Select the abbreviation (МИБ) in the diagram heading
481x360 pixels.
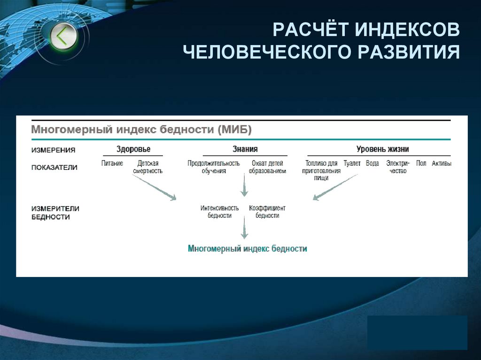pyautogui.click(x=235, y=129)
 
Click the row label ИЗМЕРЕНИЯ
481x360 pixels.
pyautogui.click(x=54, y=150)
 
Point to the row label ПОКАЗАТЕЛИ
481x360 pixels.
pyautogui.click(x=54, y=167)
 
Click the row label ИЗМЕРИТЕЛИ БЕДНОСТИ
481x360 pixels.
pyautogui.click(x=55, y=213)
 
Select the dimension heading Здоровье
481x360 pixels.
pyautogui.click(x=133, y=149)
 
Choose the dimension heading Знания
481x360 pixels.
pyautogui.click(x=245, y=149)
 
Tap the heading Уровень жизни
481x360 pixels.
pyautogui.click(x=382, y=149)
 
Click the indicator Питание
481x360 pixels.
pyautogui.click(x=112, y=164)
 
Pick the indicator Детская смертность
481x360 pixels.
pyautogui.click(x=147, y=167)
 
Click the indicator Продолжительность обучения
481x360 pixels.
pyautogui.click(x=213, y=167)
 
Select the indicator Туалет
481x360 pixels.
pyautogui.click(x=352, y=164)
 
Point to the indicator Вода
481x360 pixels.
pyautogui.click(x=372, y=164)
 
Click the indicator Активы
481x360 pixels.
pyautogui.click(x=442, y=164)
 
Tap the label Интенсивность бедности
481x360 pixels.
pyautogui.click(x=219, y=212)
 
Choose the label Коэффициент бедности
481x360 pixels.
pyautogui.click(x=267, y=212)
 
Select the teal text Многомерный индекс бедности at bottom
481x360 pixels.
pyautogui.click(x=247, y=249)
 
